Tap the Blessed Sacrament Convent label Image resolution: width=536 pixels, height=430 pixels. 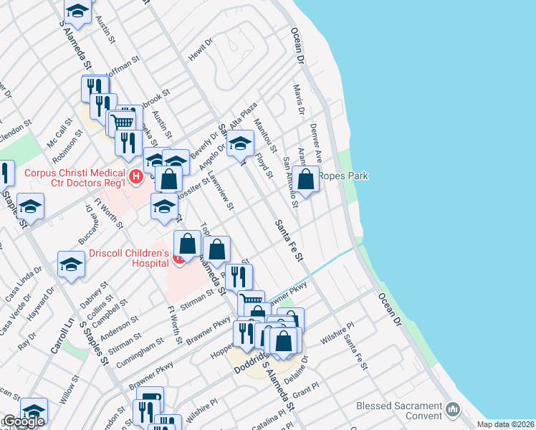tap(399, 411)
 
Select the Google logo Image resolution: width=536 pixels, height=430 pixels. tap(23, 421)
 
